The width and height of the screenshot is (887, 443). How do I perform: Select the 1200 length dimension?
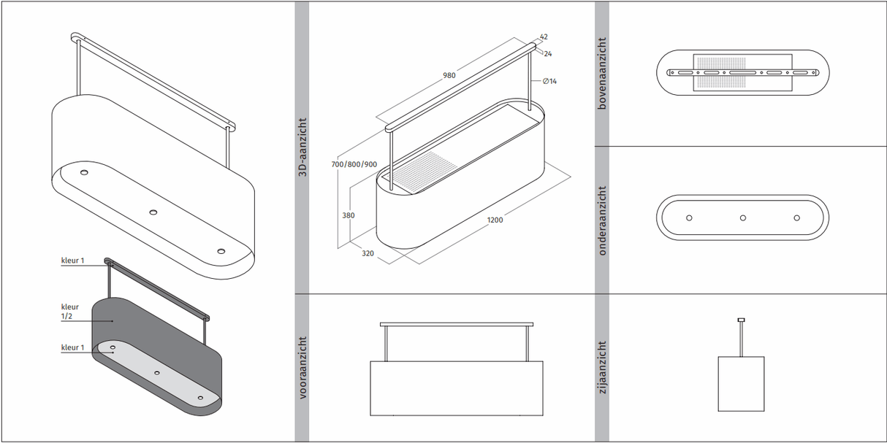495,220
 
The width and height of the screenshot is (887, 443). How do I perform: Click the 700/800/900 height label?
354,164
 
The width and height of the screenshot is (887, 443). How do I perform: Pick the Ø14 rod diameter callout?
549,81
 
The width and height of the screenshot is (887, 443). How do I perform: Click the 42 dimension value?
544,36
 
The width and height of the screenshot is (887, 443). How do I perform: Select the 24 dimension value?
548,53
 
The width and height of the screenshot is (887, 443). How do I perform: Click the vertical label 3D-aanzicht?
301,146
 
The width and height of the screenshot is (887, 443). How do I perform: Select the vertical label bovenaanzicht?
602,73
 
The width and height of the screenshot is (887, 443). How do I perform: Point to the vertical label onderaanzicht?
602,220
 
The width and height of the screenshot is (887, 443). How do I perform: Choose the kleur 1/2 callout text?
70,312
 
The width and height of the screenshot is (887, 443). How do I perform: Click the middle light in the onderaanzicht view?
742,217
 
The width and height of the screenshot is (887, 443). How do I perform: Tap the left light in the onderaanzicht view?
689,217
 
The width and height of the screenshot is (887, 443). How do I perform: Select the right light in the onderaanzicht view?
796,217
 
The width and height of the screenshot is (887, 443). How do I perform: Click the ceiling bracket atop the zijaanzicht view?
741,320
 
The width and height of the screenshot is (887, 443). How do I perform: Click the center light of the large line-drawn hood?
153,212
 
